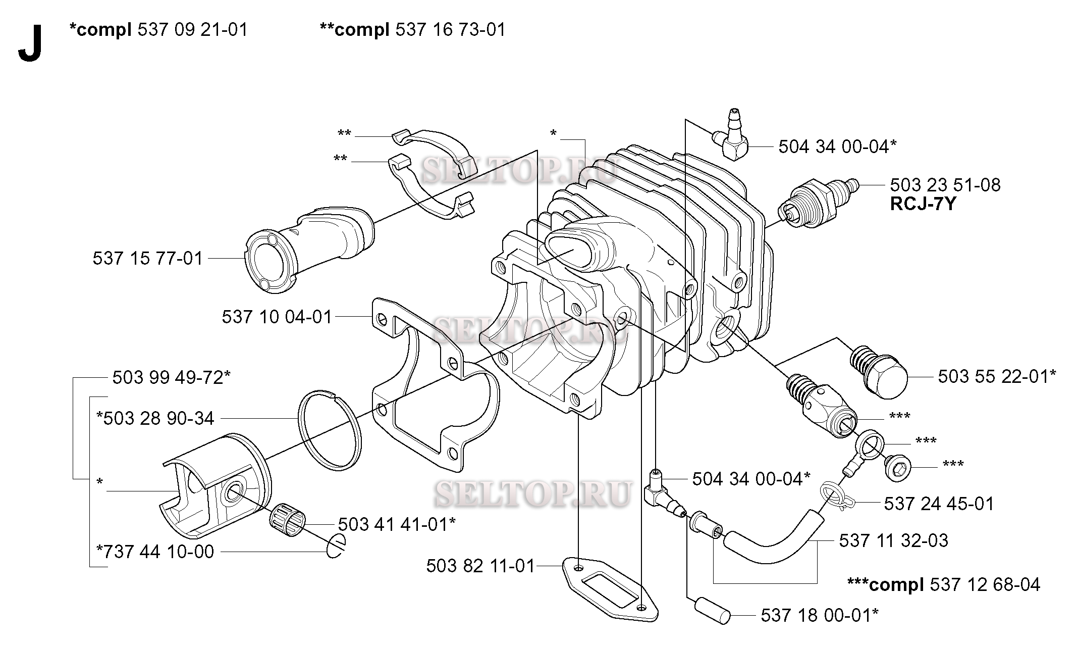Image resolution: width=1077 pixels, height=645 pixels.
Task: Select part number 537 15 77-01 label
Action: click(x=147, y=259)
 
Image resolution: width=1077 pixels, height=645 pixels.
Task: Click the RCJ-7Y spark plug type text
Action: click(x=923, y=204)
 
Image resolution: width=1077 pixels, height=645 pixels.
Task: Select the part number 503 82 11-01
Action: click(x=480, y=566)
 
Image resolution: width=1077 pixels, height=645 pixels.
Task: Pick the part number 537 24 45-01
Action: click(x=939, y=504)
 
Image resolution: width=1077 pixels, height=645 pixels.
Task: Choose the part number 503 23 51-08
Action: click(x=945, y=185)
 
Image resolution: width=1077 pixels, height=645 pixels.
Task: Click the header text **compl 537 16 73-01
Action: click(x=413, y=30)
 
